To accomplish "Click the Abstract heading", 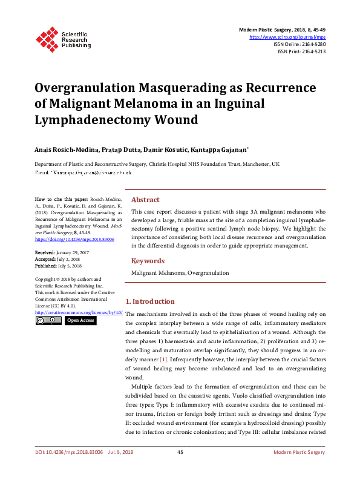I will pos(145,200).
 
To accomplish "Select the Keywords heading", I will pos(148,261).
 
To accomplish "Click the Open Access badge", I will pos(80,320).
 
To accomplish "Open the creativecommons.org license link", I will pos(79,312).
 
